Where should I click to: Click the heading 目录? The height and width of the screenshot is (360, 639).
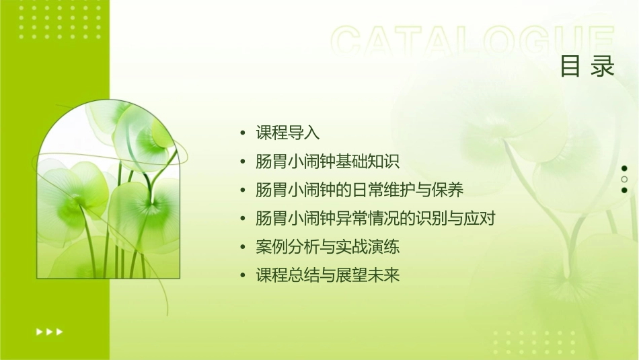click(587, 66)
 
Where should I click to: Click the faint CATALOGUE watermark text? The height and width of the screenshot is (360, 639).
click(473, 42)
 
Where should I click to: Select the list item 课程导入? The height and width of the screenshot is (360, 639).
click(287, 133)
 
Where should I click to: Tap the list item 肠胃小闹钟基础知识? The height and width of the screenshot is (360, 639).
click(328, 161)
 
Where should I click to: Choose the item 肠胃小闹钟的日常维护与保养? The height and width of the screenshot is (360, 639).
click(359, 190)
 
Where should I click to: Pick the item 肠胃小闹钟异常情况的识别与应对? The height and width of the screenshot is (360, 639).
click(375, 219)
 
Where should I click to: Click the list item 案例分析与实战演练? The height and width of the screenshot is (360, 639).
click(328, 247)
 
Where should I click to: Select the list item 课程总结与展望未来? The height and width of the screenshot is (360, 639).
click(328, 276)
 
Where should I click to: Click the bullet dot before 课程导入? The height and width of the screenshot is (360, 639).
click(243, 133)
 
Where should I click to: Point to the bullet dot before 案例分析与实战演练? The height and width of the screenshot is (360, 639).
click(243, 248)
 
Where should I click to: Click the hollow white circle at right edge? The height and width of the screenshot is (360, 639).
click(624, 179)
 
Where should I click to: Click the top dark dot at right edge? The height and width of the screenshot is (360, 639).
click(624, 168)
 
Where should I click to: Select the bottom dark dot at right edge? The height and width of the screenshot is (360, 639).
click(624, 190)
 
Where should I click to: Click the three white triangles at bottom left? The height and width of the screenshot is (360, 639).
click(49, 331)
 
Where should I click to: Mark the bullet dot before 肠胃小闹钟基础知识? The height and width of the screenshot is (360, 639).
click(243, 162)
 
